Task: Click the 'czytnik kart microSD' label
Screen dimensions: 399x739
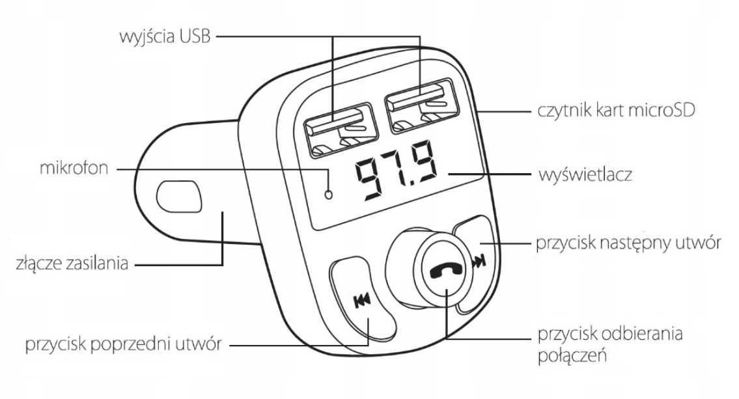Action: [616, 110]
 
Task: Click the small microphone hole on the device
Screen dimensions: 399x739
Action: [329, 193]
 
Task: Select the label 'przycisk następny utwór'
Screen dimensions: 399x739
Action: [628, 243]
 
